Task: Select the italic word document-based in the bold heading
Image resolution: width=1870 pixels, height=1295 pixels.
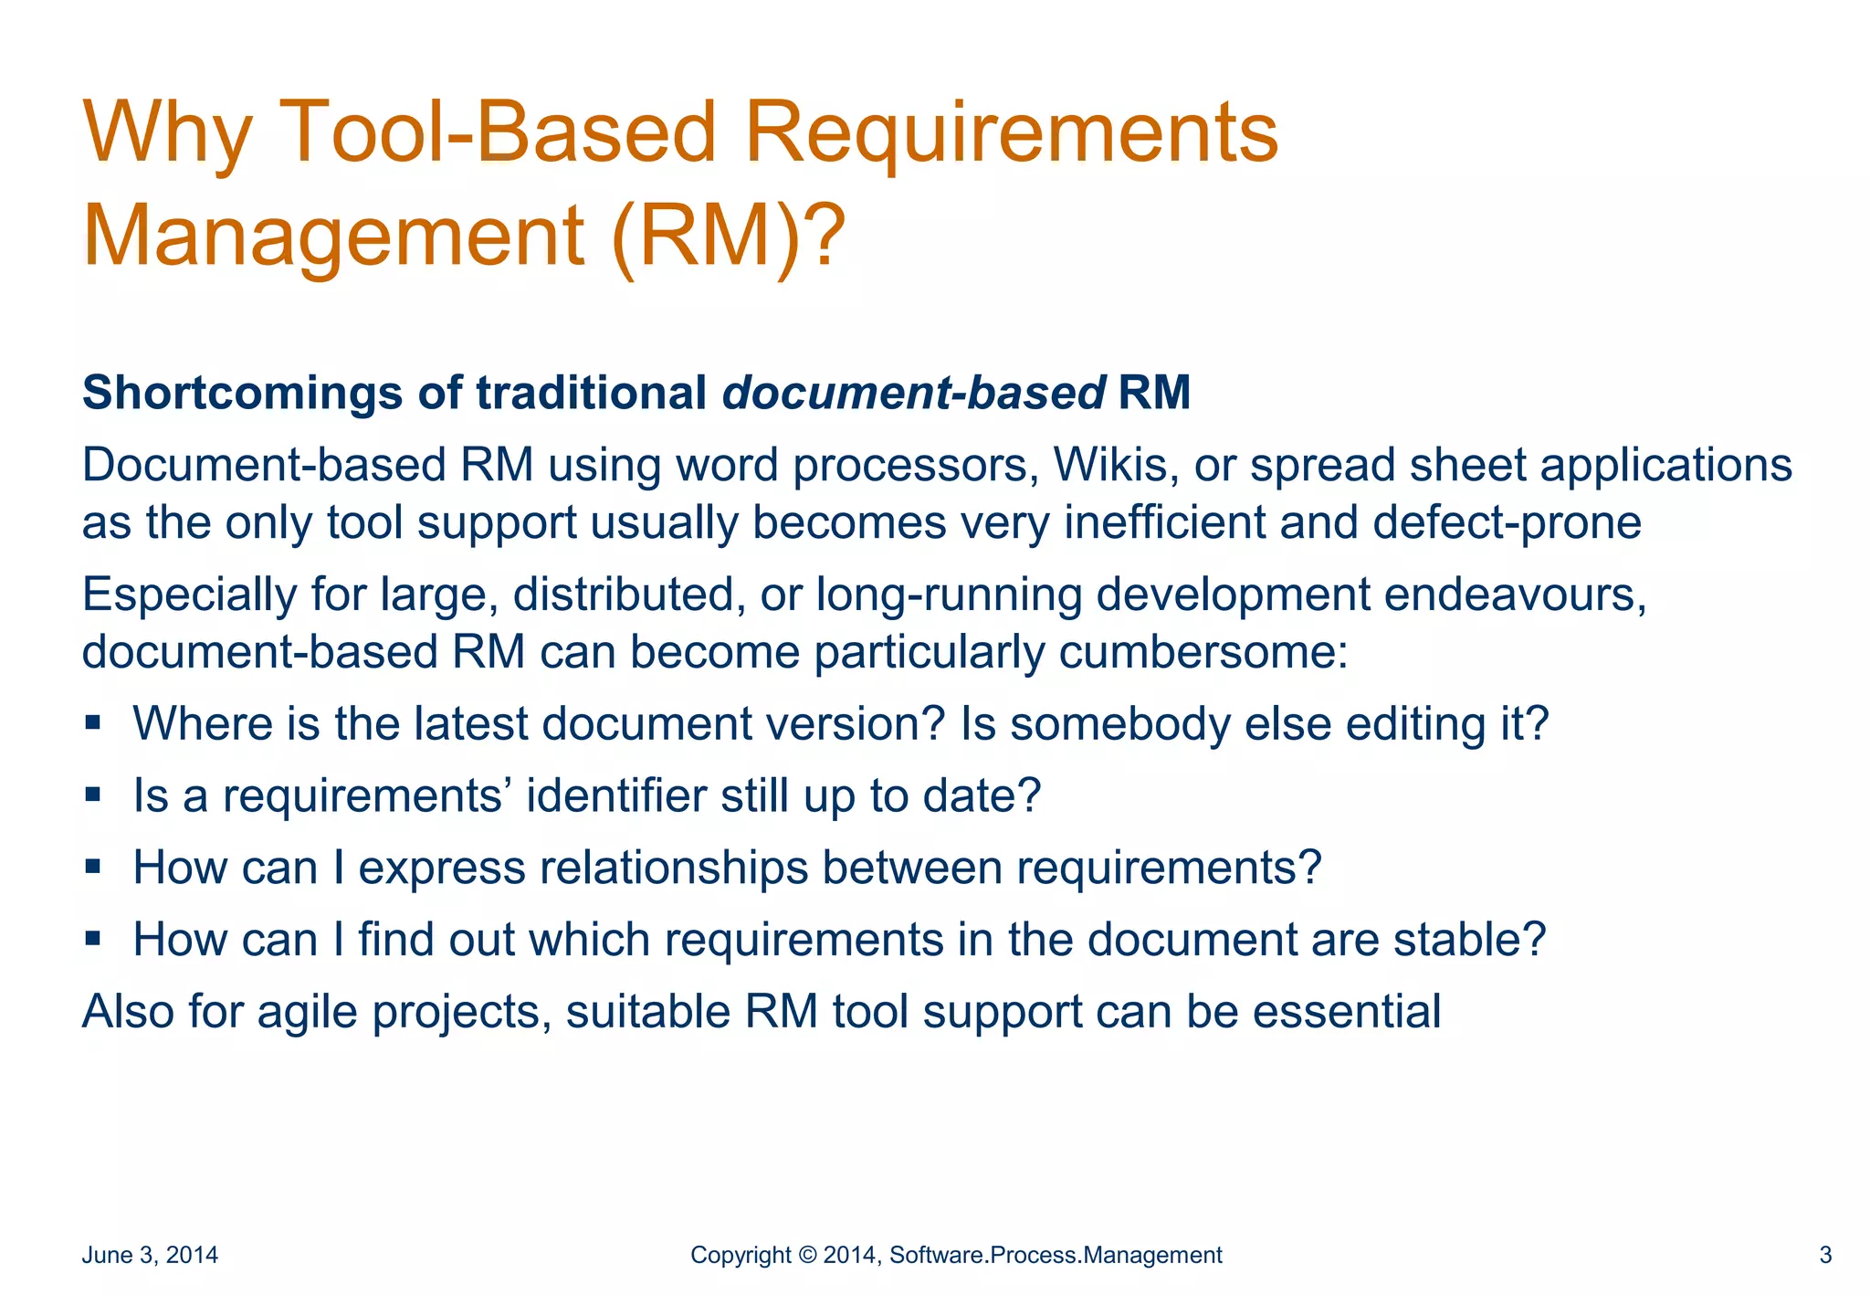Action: [x=914, y=393]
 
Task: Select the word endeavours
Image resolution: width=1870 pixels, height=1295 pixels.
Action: [x=1514, y=595]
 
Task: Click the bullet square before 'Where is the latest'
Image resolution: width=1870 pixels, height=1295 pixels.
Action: [x=92, y=723]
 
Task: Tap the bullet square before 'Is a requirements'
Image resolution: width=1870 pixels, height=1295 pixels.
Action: [x=92, y=795]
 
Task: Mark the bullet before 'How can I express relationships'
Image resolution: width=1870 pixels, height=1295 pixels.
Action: [x=92, y=866]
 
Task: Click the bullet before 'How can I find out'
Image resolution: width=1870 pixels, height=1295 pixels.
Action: [x=92, y=938]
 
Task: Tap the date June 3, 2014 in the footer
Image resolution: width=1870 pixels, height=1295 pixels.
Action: [x=150, y=1255]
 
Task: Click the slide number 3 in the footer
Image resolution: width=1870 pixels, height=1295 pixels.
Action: [x=1825, y=1255]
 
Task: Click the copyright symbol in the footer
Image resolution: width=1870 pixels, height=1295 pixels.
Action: [x=807, y=1255]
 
